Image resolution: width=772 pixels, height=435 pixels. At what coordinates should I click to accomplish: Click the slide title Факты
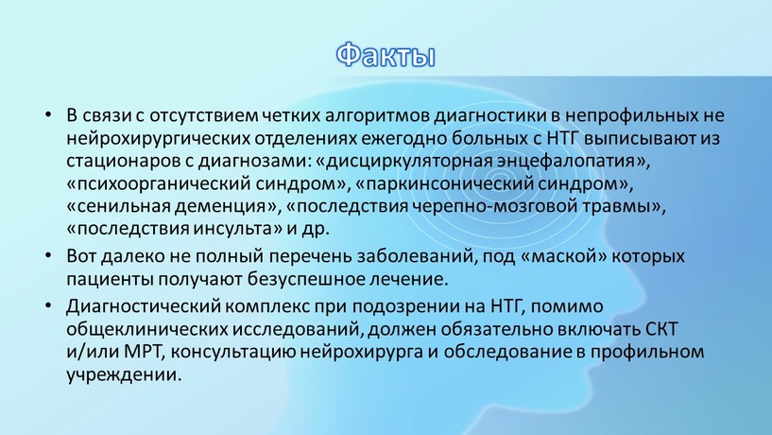pyautogui.click(x=386, y=55)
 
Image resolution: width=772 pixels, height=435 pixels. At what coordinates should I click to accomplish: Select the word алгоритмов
pyautogui.click(x=377, y=115)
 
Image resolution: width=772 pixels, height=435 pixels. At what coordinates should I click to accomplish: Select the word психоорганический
pyautogui.click(x=163, y=184)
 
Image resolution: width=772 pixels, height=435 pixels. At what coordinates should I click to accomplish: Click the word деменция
pyautogui.click(x=220, y=206)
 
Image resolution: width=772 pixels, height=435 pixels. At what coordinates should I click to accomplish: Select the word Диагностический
pyautogui.click(x=145, y=306)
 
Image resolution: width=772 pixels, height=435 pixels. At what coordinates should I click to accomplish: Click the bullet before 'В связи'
pyautogui.click(x=48, y=115)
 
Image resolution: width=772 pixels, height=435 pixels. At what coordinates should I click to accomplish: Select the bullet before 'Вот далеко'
pyautogui.click(x=48, y=256)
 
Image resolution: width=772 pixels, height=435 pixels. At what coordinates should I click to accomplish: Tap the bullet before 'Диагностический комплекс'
pyautogui.click(x=48, y=306)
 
